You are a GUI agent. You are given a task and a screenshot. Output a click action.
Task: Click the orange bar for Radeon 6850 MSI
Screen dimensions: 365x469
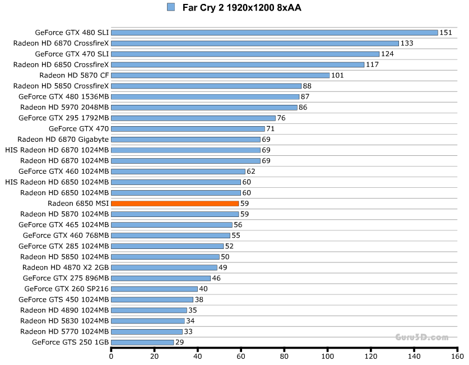click(x=175, y=204)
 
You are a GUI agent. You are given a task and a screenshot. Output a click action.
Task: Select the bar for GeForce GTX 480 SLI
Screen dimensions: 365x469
click(x=274, y=33)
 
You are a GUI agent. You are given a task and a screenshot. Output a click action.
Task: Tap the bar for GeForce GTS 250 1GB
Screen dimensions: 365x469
click(x=142, y=342)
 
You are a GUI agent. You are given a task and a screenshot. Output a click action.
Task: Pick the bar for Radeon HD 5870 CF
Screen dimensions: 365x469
click(x=220, y=75)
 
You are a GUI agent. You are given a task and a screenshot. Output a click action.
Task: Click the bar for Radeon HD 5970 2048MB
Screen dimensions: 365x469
click(x=204, y=107)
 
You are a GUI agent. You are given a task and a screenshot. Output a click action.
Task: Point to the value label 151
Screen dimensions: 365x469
click(x=445, y=33)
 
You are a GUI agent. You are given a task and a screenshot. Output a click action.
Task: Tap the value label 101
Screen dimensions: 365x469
click(x=337, y=75)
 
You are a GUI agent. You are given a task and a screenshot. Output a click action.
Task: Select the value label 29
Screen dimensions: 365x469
click(x=180, y=342)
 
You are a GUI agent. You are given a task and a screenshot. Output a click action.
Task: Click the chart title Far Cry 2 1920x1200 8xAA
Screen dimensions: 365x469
click(x=238, y=8)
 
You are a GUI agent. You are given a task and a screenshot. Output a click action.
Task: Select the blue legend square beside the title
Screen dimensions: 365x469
click(x=171, y=7)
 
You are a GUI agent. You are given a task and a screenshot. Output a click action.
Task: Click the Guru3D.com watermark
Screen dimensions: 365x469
click(x=421, y=337)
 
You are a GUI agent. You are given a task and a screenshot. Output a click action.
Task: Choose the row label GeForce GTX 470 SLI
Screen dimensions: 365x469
click(x=72, y=54)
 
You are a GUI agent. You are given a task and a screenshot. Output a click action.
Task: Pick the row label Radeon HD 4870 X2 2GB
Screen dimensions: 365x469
click(x=66, y=267)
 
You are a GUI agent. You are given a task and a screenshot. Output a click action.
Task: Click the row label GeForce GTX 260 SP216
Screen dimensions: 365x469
click(x=67, y=289)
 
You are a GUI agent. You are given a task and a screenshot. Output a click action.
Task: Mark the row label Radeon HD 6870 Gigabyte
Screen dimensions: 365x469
click(x=63, y=139)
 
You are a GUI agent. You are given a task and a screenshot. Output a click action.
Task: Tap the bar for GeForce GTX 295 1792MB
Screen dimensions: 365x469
click(x=193, y=118)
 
